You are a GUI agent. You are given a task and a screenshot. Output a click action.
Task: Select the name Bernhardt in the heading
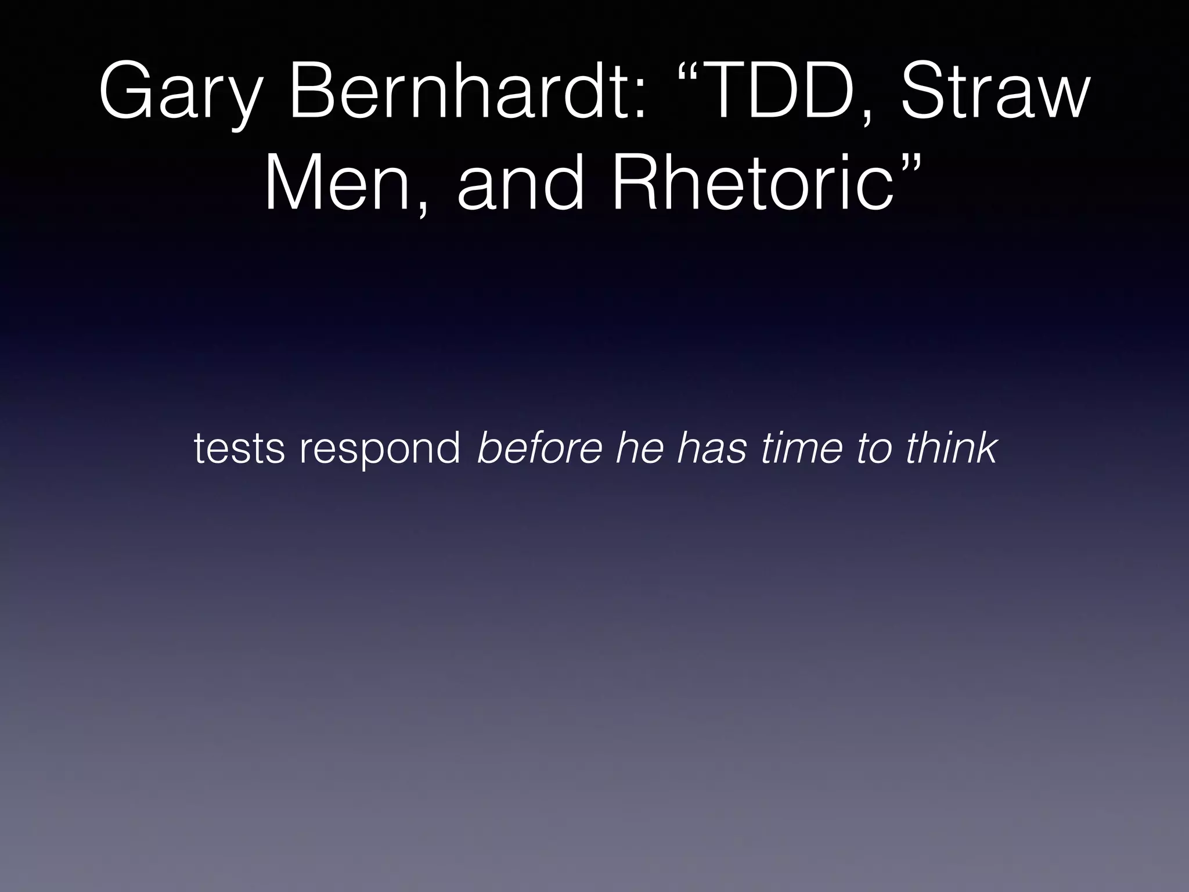[459, 93]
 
